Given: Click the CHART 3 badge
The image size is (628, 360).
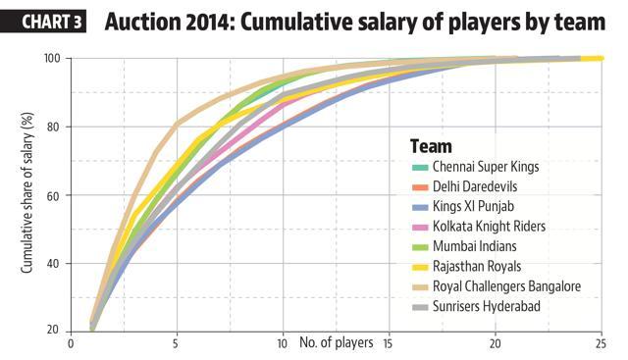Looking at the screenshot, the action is coord(43,22).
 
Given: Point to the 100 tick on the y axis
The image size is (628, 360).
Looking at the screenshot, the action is coord(52,59).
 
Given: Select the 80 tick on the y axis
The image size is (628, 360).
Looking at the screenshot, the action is coord(54,127).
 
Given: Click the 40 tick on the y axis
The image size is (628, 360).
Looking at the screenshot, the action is coord(54,264).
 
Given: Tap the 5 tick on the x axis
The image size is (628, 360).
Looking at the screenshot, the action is coord(177,344).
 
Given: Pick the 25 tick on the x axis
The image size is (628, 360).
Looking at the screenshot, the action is coord(601,344).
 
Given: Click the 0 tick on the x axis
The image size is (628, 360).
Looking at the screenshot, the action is coord(71,344).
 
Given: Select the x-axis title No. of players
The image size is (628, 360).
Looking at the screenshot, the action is coord(337,342).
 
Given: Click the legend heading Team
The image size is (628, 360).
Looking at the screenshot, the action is coord(431,146).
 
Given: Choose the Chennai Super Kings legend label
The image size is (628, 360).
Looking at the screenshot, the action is coord(486,167).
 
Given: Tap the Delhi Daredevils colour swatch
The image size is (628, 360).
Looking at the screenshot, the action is coord(420,187).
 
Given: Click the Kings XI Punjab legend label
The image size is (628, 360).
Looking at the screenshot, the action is coord(473,206).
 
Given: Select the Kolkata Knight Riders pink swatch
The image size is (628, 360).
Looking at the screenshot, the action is coord(420,227).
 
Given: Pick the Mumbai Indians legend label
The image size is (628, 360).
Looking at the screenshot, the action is coord(475,246).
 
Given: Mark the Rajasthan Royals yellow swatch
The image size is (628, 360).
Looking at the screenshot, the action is coord(420,267).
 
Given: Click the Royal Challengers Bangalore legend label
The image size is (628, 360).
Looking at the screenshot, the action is coord(506,286).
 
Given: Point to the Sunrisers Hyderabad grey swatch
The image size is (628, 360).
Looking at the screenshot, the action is coord(420,307).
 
